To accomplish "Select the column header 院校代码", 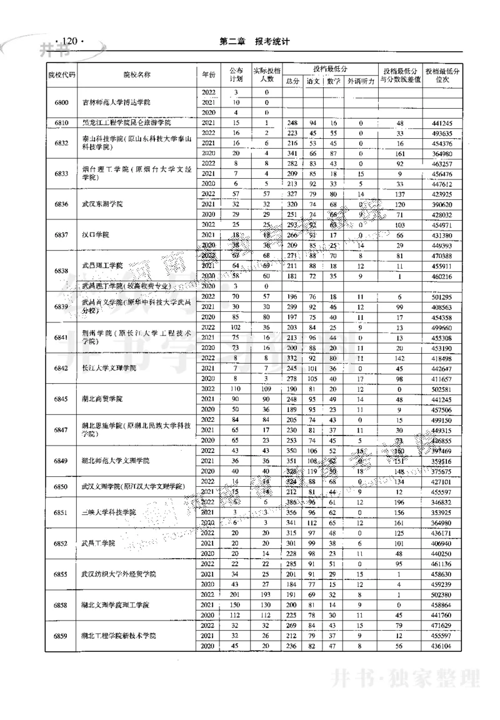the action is (62, 74).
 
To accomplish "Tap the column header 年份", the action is (208, 74).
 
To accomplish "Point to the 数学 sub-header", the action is (332, 81).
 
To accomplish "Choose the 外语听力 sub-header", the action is (361, 81).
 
